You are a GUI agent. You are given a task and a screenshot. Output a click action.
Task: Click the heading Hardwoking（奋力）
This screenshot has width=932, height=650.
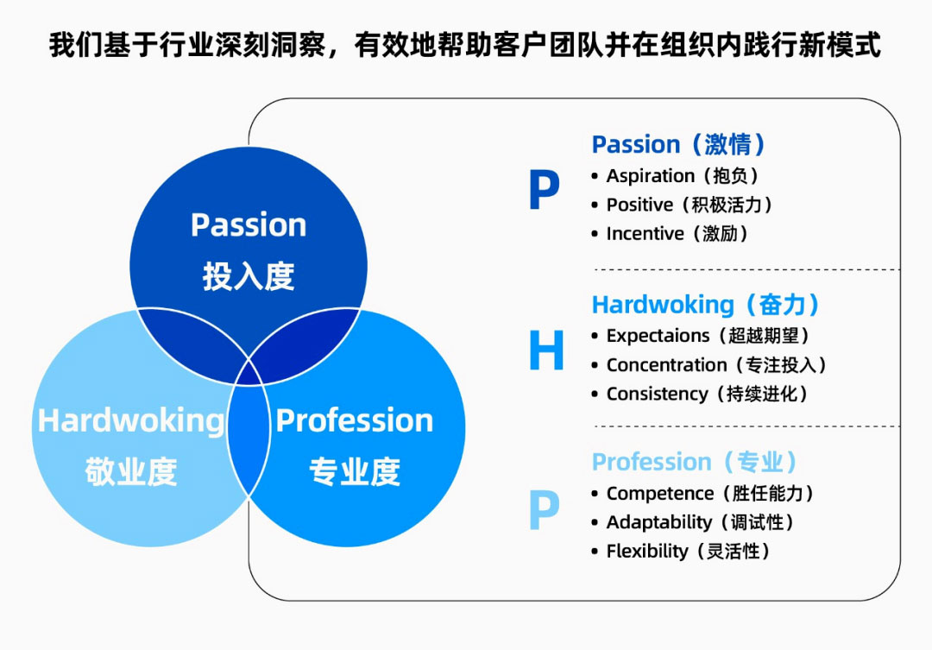pyautogui.click(x=706, y=305)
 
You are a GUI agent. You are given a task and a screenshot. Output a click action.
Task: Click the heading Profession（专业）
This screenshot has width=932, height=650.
pyautogui.click(x=695, y=462)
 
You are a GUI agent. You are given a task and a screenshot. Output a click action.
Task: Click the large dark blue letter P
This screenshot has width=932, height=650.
pyautogui.click(x=544, y=190)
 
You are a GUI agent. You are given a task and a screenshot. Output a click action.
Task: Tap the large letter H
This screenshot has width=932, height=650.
pyautogui.click(x=546, y=350)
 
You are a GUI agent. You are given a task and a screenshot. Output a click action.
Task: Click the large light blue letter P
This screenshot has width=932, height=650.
pyautogui.click(x=544, y=509)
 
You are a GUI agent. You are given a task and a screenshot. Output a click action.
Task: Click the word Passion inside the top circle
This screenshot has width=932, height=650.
pyautogui.click(x=249, y=225)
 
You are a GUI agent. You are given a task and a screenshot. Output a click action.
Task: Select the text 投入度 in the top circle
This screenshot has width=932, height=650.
pyautogui.click(x=249, y=276)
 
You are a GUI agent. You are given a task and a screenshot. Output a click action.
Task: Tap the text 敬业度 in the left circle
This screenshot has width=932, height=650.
pyautogui.click(x=131, y=472)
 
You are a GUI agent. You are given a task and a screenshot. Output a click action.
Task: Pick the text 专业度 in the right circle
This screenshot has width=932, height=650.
pyautogui.click(x=355, y=472)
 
